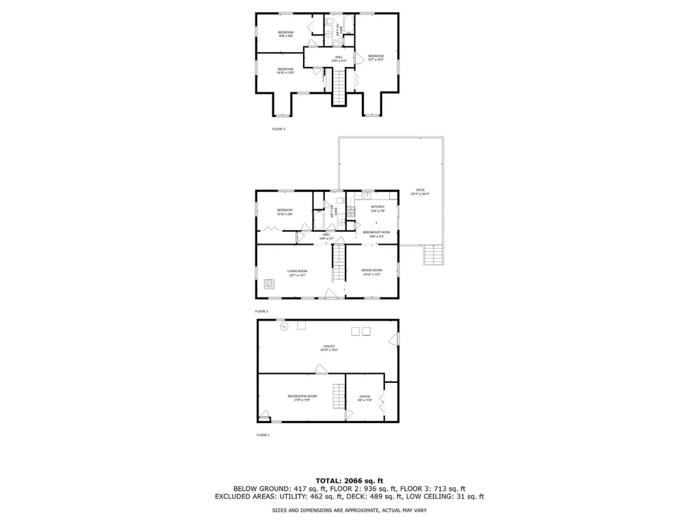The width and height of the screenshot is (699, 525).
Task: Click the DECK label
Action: click(420, 191)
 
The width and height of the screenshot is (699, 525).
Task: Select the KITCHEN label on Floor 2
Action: click(377, 206)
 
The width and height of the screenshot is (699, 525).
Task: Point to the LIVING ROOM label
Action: click(296, 271)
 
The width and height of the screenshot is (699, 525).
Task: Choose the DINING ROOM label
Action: click(372, 271)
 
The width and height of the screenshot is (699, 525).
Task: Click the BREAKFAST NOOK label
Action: click(376, 232)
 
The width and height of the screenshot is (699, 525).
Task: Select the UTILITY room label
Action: click(328, 347)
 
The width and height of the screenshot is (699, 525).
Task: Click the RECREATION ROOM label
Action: click(302, 396)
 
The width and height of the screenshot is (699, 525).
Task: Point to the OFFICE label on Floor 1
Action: click(365, 397)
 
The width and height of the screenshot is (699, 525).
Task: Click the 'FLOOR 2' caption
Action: click(262, 311)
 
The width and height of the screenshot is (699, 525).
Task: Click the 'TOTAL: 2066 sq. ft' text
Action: click(349, 480)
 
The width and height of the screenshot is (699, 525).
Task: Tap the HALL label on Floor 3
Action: click(339, 57)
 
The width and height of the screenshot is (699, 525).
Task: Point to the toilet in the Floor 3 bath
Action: click(328, 33)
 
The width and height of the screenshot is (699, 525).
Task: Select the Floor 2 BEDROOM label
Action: click(285, 210)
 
